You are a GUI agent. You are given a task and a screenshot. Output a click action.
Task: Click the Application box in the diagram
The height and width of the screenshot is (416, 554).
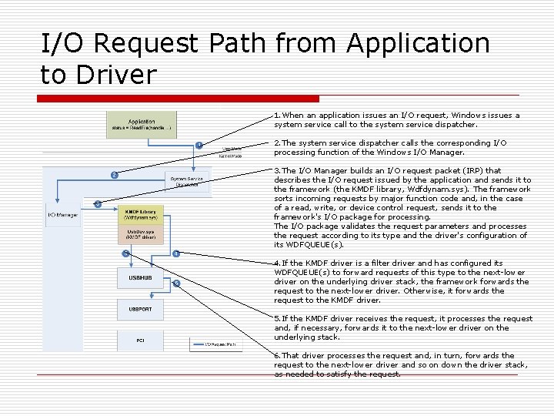click(x=141, y=125)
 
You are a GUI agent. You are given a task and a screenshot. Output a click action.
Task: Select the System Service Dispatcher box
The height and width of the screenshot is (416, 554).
click(x=187, y=182)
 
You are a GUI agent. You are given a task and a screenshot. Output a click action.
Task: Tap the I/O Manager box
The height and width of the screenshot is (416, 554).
click(x=62, y=215)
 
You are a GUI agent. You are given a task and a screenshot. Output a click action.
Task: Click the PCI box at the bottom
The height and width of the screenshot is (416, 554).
click(x=140, y=340)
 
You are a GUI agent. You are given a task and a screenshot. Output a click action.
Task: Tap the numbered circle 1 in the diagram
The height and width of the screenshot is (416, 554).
click(x=199, y=145)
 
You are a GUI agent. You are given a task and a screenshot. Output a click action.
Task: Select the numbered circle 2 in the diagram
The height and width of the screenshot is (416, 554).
click(x=114, y=175)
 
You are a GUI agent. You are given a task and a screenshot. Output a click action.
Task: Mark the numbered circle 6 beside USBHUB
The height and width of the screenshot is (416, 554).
click(x=176, y=283)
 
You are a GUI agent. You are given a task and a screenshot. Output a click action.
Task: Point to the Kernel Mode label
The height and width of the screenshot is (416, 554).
click(x=231, y=156)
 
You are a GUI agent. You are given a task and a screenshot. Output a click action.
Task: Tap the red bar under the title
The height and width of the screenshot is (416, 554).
click(x=180, y=99)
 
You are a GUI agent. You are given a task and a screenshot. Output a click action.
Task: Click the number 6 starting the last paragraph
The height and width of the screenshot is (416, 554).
click(x=277, y=355)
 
